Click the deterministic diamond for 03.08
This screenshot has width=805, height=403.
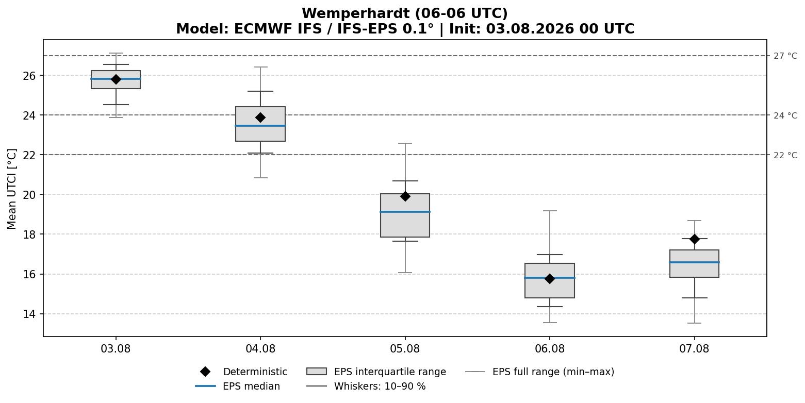coord(116,79)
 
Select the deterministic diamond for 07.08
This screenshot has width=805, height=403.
coord(694,239)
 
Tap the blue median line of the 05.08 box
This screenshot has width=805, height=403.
coord(405,212)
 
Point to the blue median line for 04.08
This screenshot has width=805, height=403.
coord(260,126)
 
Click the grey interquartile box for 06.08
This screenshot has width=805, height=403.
coord(550,280)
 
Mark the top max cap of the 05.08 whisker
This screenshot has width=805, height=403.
coord(405,143)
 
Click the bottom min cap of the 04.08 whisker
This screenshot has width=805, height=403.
coord(260,178)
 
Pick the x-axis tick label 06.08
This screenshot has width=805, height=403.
coord(550,349)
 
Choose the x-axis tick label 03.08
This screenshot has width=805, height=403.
coord(116,349)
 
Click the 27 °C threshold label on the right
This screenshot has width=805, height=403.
coord(785,56)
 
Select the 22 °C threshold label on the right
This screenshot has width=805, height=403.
coord(785,155)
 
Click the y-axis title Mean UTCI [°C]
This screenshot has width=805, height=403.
coord(12,189)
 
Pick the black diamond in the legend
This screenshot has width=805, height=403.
coord(205,372)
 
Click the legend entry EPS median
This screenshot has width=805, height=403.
coord(238,387)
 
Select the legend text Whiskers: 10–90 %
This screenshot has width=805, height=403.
coord(380,387)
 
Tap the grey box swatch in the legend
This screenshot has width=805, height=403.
coord(317,372)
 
